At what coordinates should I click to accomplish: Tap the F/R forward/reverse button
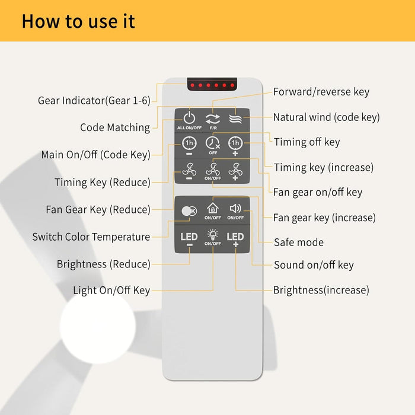coord(213,121)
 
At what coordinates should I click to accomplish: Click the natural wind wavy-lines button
coord(235,119)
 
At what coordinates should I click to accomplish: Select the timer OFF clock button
coord(213,145)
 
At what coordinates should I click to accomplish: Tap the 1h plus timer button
coord(235,146)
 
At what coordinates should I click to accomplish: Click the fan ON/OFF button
coord(212,171)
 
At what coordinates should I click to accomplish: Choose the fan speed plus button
coord(235,171)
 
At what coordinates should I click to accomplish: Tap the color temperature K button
coord(189,211)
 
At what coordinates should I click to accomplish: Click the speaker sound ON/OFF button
coord(235,212)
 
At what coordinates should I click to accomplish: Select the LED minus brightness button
coord(189,239)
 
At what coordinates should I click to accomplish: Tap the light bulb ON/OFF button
coord(212,237)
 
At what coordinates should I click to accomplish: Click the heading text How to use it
coord(78,21)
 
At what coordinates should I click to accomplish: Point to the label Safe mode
coord(299,242)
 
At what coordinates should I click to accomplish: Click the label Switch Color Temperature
coord(91,237)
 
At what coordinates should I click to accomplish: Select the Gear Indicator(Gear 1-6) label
coord(94,101)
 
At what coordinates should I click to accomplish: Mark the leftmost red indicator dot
coord(193,85)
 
